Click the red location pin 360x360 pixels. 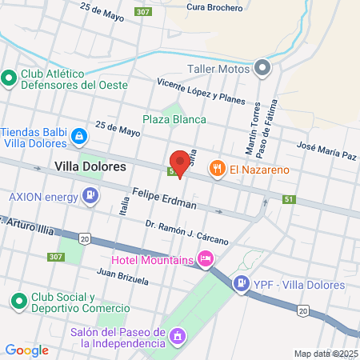(x=180, y=162)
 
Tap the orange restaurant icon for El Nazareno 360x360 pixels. (x=217, y=168)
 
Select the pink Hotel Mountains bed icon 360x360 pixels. (x=206, y=258)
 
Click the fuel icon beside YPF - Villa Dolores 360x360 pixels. (x=241, y=283)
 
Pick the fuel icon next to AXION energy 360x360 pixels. (x=91, y=194)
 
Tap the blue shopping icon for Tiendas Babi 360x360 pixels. (x=78, y=137)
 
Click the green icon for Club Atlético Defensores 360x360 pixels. (x=10, y=78)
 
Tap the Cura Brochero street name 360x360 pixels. (x=214, y=8)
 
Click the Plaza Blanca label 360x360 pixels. (x=174, y=119)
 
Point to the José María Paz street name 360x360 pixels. (x=326, y=151)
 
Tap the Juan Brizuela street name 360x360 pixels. (x=122, y=278)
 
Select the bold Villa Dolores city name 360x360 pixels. (x=91, y=166)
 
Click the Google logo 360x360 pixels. (x=26, y=350)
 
